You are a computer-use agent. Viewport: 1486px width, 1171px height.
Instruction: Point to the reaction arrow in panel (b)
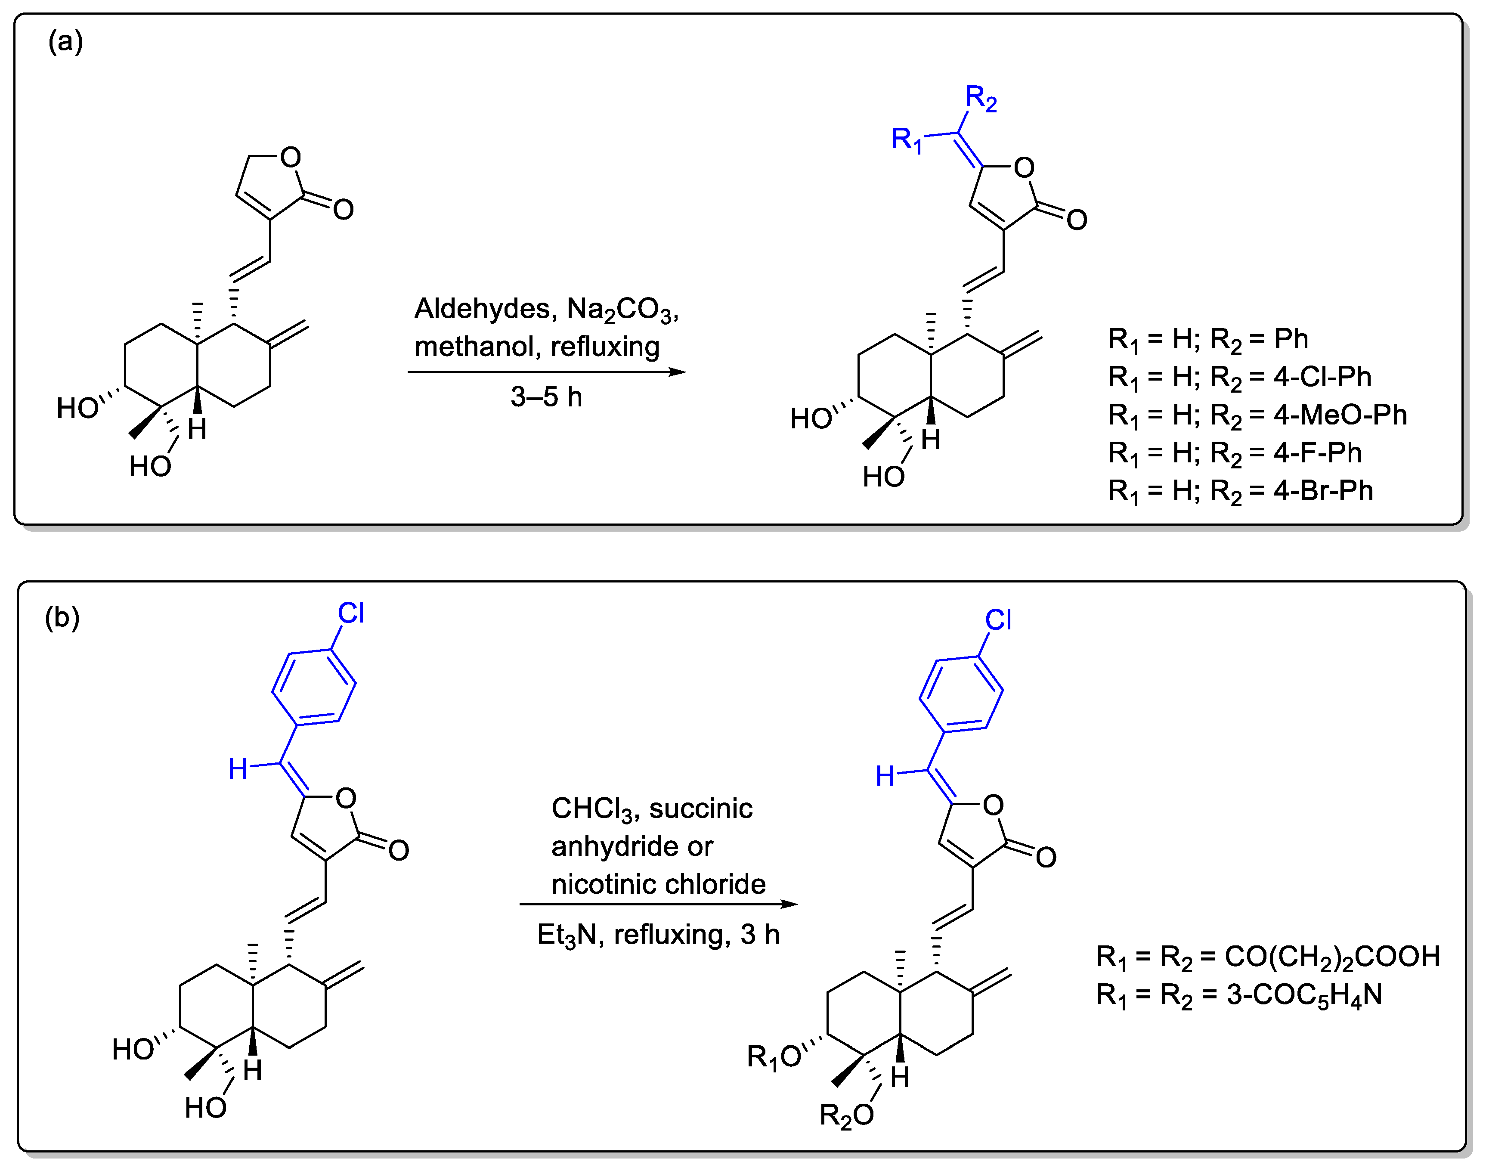coord(658,905)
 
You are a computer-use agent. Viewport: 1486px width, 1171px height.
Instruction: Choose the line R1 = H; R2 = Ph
coord(1208,339)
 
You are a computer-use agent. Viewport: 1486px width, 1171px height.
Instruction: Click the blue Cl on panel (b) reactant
coord(351,613)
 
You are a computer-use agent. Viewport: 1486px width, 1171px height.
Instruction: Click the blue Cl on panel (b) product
coord(998,620)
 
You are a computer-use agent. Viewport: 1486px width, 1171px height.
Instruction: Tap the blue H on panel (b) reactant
coord(238,769)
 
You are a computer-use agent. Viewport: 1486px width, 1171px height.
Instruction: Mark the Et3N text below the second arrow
coord(566,935)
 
